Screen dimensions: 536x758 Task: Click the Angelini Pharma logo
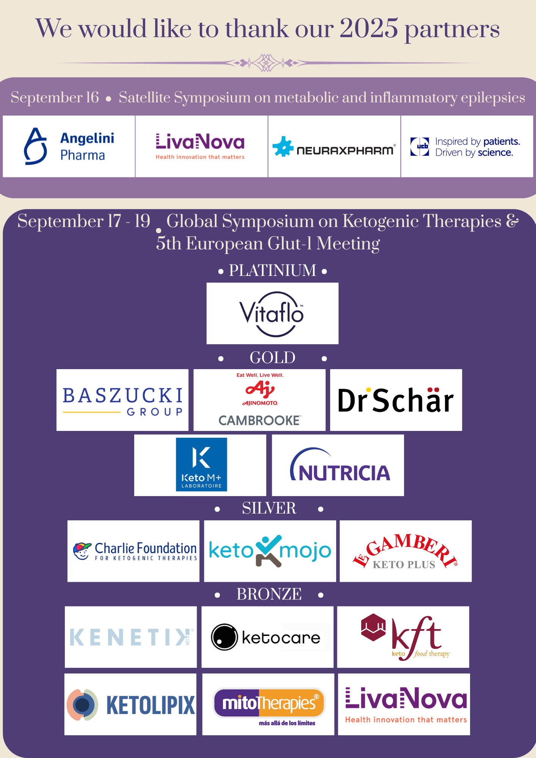click(69, 146)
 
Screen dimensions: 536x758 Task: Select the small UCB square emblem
click(420, 147)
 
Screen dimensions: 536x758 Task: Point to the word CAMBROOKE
click(260, 420)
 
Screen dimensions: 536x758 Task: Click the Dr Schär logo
click(396, 400)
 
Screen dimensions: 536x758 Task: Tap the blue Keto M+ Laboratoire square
click(201, 465)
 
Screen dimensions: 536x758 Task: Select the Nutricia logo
click(340, 465)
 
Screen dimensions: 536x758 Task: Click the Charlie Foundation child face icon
click(82, 551)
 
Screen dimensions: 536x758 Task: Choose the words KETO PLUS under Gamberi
click(404, 565)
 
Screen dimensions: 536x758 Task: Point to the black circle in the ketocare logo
click(224, 637)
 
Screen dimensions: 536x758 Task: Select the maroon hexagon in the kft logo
click(373, 628)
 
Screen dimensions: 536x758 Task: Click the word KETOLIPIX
click(150, 705)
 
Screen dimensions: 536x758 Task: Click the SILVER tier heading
click(269, 508)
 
